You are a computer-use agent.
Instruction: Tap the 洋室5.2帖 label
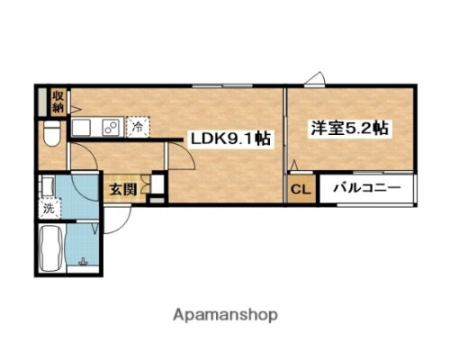coord(350,129)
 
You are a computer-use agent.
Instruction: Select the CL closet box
coord(299,189)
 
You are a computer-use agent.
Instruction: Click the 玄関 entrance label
coord(122,189)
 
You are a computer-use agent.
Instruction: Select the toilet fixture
coord(52,136)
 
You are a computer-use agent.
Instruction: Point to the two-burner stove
coord(111,128)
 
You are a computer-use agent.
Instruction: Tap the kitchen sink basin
coord(83,128)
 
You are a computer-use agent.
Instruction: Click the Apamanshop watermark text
coord(224,315)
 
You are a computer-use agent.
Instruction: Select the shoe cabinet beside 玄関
coord(157,187)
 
